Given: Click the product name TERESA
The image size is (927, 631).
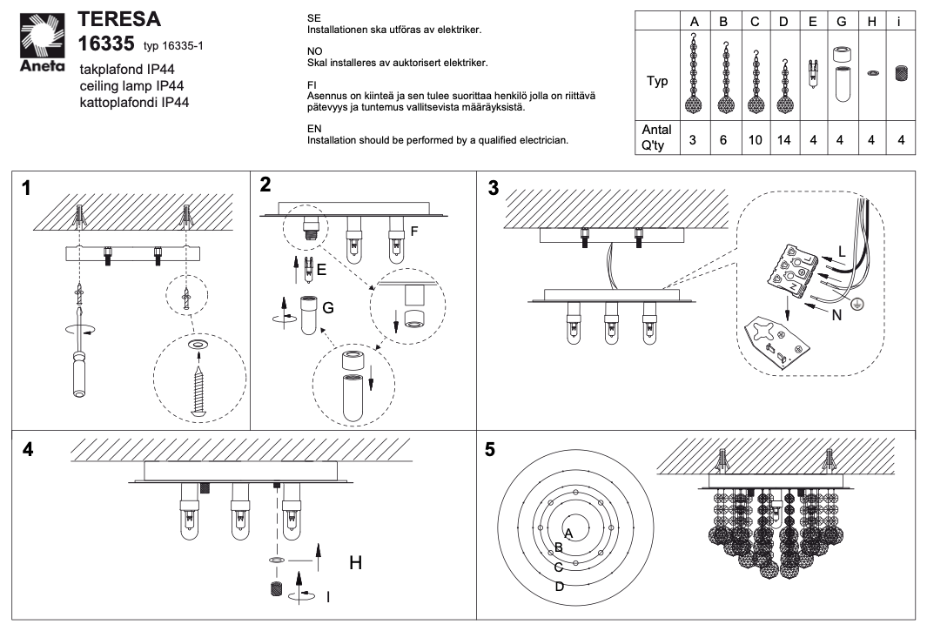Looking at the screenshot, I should click(119, 20).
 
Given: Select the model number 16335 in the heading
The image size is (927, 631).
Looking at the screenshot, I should click(108, 44).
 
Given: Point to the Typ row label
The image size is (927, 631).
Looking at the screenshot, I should click(659, 82).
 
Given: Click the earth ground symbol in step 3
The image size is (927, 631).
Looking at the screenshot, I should click(856, 301).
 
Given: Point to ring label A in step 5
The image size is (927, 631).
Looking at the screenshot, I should click(568, 531).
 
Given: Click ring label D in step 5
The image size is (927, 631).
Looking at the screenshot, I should click(560, 586).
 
